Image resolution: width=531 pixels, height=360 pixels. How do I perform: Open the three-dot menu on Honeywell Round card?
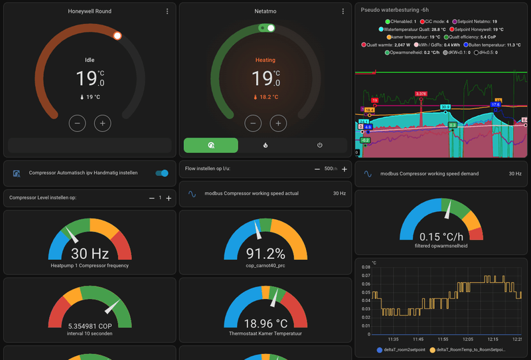tap(167, 11)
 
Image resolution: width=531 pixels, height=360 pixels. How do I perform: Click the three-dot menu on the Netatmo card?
tap(342, 11)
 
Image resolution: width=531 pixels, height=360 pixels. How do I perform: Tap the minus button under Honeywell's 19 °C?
tap(78, 123)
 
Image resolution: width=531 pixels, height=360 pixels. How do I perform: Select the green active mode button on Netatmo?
tap(210, 145)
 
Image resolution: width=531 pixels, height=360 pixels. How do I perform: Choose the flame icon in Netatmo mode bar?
tap(265, 145)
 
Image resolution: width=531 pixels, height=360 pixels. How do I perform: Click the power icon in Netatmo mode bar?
tap(319, 145)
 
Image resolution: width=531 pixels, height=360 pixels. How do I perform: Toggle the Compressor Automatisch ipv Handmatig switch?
tap(162, 173)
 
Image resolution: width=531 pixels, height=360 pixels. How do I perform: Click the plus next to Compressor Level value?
tap(169, 198)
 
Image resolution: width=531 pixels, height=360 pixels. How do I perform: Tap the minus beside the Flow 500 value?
tap(317, 169)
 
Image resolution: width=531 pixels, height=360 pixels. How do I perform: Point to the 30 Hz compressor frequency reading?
tap(90, 253)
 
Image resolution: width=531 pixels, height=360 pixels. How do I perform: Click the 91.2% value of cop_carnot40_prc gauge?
tap(265, 253)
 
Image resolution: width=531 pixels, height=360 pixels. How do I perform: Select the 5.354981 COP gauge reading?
tap(90, 326)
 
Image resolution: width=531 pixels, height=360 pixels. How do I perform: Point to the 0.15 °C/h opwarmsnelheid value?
tap(441, 236)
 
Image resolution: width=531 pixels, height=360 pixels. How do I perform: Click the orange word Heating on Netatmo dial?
tap(265, 60)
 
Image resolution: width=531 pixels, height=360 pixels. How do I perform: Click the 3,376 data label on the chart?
tap(420, 94)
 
